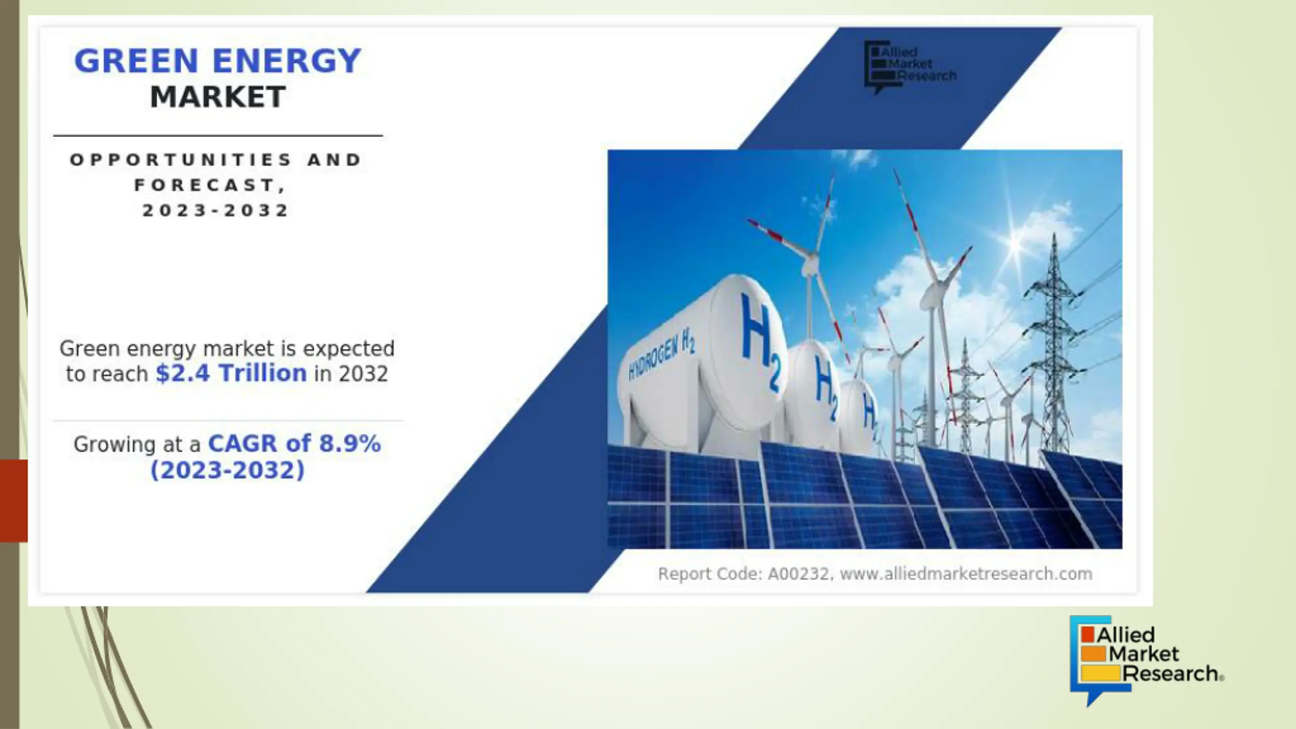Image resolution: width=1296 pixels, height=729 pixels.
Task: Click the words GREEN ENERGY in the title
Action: pyautogui.click(x=218, y=61)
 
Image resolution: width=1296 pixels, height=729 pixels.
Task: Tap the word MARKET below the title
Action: pyautogui.click(x=218, y=97)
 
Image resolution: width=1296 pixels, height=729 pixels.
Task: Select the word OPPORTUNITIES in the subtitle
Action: pyautogui.click(x=181, y=160)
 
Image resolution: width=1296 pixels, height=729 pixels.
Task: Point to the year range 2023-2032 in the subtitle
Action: pyautogui.click(x=216, y=211)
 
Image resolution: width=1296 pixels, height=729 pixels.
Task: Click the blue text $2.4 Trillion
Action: pyautogui.click(x=231, y=374)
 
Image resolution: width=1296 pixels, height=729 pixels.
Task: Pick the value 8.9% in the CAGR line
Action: pyautogui.click(x=350, y=444)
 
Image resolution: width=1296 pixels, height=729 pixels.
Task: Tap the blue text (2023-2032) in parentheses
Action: pyautogui.click(x=228, y=470)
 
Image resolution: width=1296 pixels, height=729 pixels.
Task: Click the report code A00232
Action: pyautogui.click(x=798, y=574)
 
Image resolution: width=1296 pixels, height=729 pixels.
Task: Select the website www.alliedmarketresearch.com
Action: pyautogui.click(x=966, y=574)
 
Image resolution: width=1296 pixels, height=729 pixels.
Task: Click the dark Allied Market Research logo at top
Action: pyautogui.click(x=910, y=67)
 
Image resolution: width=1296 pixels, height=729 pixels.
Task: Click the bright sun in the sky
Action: pyautogui.click(x=1015, y=243)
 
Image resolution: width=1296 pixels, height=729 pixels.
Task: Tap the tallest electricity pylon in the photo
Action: pyautogui.click(x=1054, y=344)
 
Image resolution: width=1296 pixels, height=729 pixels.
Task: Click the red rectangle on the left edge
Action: pyautogui.click(x=14, y=501)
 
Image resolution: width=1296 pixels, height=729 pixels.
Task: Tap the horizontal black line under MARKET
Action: pyautogui.click(x=218, y=136)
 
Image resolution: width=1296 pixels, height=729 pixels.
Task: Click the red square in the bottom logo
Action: pyautogui.click(x=1087, y=634)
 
